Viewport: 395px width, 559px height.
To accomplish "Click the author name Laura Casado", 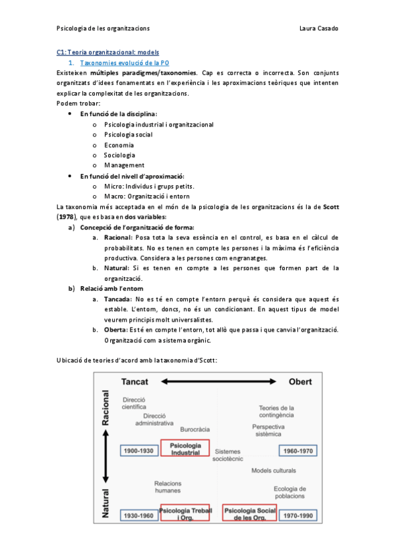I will (319, 28).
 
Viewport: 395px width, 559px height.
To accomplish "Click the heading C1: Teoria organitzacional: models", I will (107, 51).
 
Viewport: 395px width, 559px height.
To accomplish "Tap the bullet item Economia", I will (119, 145).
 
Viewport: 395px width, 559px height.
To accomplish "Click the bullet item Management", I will (124, 165).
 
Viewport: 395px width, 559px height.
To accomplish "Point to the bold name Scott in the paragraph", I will (331, 206).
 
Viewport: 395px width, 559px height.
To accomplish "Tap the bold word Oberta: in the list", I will (115, 330).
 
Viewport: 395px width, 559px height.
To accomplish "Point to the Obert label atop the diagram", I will (300, 382).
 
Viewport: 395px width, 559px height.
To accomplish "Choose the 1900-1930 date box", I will (138, 451).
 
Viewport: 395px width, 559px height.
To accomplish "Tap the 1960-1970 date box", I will (299, 451).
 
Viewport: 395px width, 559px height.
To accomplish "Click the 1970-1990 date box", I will (299, 514).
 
